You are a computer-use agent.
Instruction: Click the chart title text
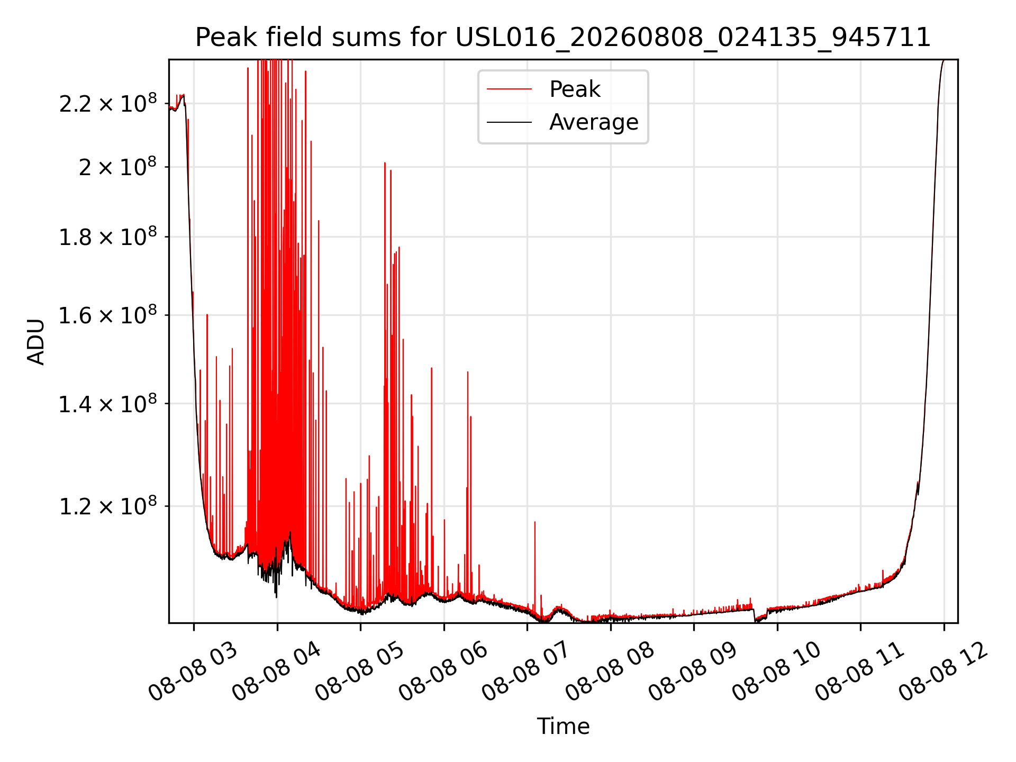[563, 38]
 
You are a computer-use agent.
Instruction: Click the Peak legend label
[575, 89]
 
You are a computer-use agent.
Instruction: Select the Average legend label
[594, 122]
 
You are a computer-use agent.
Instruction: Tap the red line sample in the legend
[509, 89]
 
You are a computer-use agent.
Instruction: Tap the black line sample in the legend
[509, 122]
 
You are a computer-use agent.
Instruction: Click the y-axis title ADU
[36, 341]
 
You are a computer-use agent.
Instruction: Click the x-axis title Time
[563, 726]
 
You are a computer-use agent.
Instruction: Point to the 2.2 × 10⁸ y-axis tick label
[108, 103]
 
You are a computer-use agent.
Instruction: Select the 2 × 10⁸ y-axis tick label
[117, 167]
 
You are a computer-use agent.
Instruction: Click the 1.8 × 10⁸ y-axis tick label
[108, 237]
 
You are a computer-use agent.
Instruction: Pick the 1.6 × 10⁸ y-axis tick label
[108, 315]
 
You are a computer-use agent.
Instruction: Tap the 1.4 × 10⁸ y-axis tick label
[108, 404]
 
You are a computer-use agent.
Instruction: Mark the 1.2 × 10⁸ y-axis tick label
[108, 506]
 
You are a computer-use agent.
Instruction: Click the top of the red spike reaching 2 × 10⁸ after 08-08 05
[385, 163]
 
